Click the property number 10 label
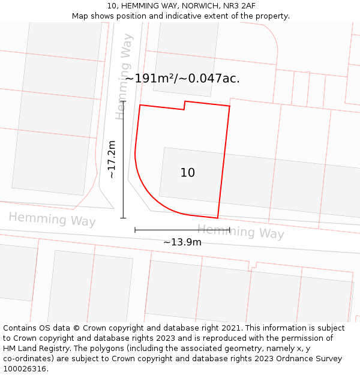tap(188, 173)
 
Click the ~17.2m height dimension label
tap(112, 159)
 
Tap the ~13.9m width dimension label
tap(182, 242)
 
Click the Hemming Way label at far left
tap(52, 219)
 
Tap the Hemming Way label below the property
tap(241, 231)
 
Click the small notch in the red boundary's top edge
tap(184, 106)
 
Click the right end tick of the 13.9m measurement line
tap(230, 229)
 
